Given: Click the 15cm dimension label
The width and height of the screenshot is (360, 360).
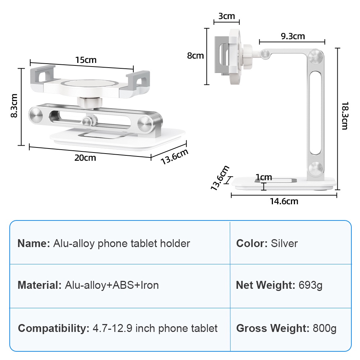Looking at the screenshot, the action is tap(86, 60).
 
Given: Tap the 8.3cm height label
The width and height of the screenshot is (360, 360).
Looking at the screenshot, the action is tap(14, 106).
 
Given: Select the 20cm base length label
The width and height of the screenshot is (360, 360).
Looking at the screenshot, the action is tap(85, 158).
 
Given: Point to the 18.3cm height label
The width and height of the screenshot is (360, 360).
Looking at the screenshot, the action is tap(345, 116).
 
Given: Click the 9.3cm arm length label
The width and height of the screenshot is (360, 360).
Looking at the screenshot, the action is tap(293, 36).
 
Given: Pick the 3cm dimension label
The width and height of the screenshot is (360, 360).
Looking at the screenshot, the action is tap(226, 16).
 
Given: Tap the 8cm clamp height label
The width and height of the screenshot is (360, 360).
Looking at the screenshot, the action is tap(195, 55).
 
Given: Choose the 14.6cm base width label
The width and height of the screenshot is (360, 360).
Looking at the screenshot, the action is tap(284, 201).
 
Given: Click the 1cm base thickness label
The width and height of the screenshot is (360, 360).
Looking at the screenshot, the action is tap(264, 177).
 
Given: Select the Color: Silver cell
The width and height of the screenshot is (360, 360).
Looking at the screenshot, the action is tap(267, 243).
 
